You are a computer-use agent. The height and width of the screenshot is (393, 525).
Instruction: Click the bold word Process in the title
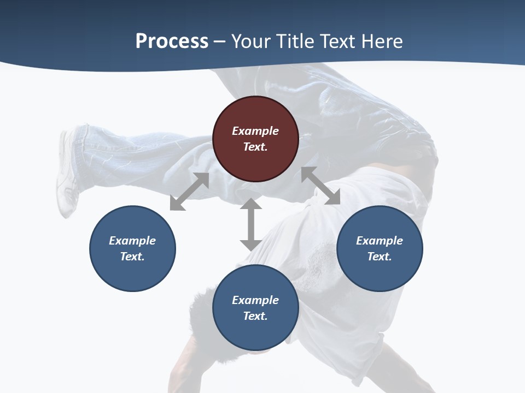pyautogui.click(x=172, y=41)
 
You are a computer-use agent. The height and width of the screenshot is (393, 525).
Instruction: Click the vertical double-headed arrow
pyautogui.click(x=251, y=224)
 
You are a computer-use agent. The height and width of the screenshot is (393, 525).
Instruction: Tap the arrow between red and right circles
pyautogui.click(x=320, y=186)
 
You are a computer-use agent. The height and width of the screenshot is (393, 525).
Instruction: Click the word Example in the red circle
pyautogui.click(x=255, y=131)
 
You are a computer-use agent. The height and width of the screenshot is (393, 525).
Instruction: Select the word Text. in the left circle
pyautogui.click(x=132, y=257)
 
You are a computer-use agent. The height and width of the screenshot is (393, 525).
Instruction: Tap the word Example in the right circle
pyautogui.click(x=380, y=241)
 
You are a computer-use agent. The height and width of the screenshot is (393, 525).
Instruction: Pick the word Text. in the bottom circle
pyautogui.click(x=255, y=316)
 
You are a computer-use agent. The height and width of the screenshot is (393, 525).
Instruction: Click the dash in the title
pyautogui.click(x=220, y=41)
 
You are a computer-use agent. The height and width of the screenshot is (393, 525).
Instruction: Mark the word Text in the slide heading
pyautogui.click(x=339, y=41)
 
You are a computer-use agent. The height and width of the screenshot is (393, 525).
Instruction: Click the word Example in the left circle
pyautogui.click(x=132, y=241)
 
